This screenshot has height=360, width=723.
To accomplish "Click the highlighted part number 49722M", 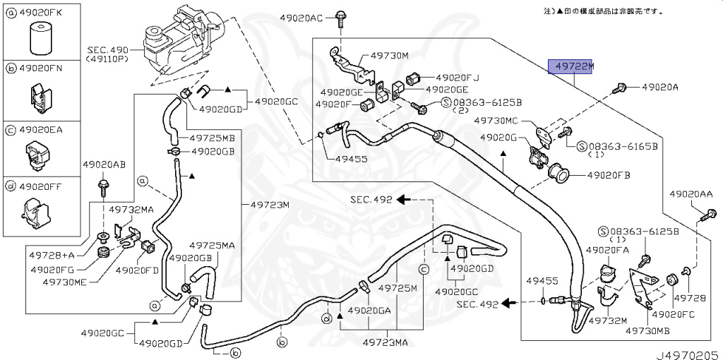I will coord(573,67).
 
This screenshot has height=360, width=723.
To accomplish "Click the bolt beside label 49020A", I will coord(621,88).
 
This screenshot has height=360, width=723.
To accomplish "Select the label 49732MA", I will coord(131,209).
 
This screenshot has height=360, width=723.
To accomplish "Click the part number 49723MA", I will coord(386,342).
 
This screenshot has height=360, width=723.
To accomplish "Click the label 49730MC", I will coord(496,121).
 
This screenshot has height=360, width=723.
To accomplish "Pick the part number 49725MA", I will coord(212,245).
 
